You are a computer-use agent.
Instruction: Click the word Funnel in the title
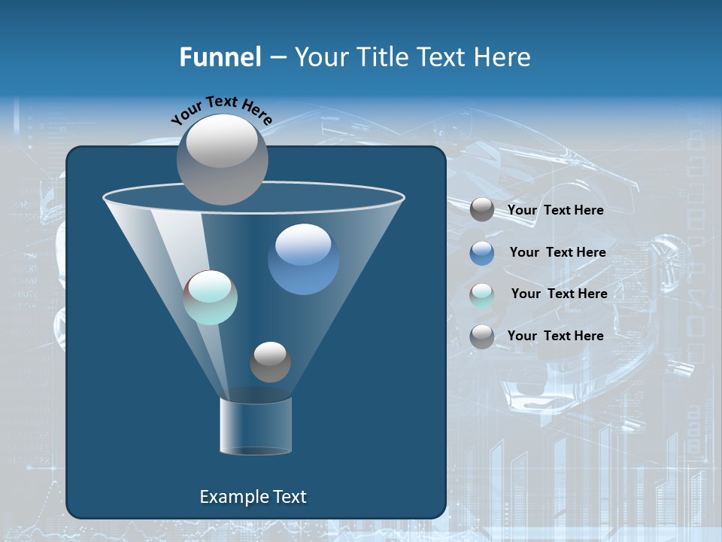[x=220, y=57]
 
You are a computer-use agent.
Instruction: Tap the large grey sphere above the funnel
[x=222, y=159]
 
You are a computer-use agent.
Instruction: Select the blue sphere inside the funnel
[x=303, y=260]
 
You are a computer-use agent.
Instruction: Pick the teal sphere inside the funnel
[x=210, y=297]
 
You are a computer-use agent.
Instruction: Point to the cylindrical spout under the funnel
[x=256, y=426]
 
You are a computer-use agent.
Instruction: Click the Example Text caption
[x=253, y=497]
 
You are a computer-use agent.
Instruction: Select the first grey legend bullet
[x=482, y=210]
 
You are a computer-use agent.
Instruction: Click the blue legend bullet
[x=482, y=253]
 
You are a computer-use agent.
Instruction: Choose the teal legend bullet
[x=482, y=295]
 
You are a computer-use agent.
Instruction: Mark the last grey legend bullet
[x=482, y=336]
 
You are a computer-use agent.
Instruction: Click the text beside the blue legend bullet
[x=557, y=252]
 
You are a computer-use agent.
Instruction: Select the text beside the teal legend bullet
[x=559, y=294]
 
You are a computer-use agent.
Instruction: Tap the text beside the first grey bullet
[x=555, y=210]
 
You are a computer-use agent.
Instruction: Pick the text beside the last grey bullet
[x=555, y=336]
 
